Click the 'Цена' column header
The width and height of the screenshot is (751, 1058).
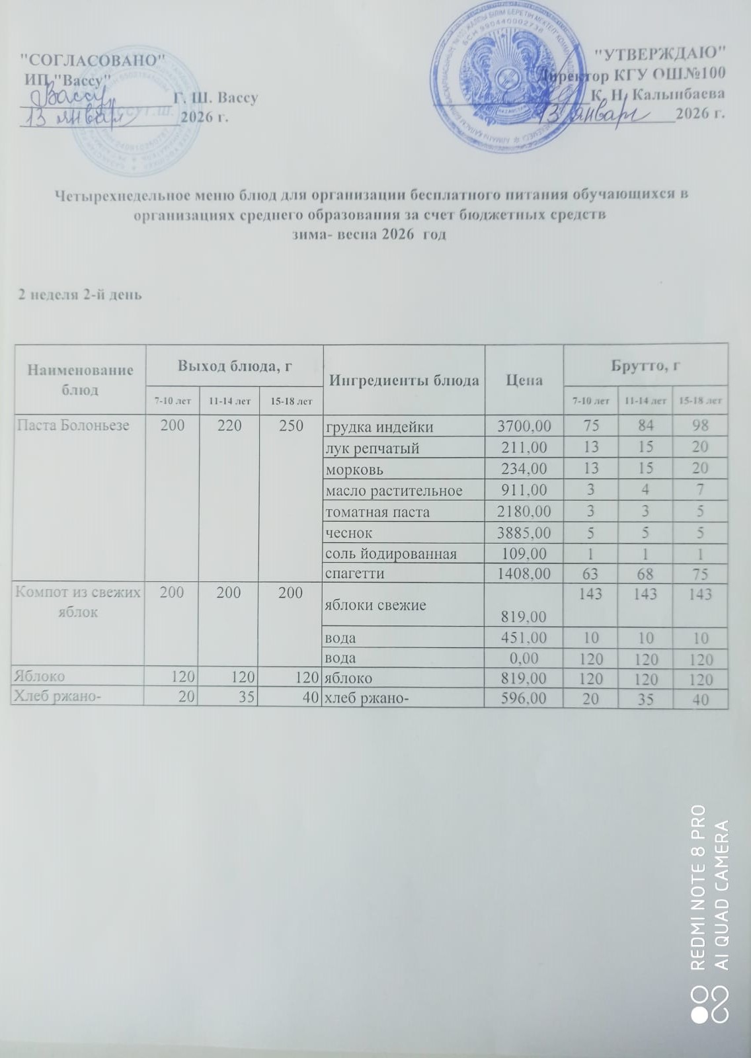[524, 380]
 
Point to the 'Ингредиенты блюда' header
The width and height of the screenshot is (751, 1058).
[404, 381]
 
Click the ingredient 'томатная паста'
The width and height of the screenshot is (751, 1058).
[377, 512]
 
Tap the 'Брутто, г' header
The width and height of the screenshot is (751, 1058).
[645, 365]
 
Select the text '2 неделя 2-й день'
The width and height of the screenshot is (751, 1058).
[79, 295]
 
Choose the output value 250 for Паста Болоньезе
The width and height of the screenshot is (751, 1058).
[291, 426]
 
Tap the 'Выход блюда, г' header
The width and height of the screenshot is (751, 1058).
[235, 365]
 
